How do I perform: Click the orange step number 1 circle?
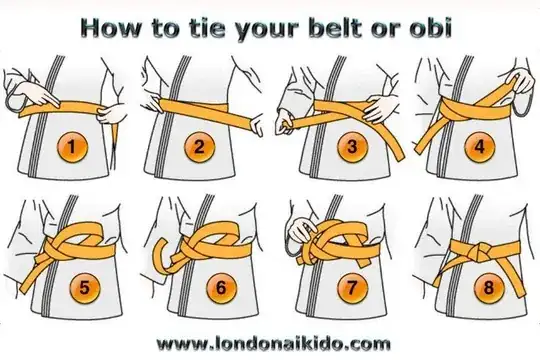(72, 147)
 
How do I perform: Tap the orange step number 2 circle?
(199, 147)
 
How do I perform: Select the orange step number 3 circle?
(352, 147)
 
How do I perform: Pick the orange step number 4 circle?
(479, 147)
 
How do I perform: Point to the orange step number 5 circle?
(85, 288)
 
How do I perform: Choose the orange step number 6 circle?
(221, 288)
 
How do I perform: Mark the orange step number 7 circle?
(352, 288)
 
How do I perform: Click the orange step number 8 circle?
(489, 288)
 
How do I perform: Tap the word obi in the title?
(430, 28)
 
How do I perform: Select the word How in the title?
(110, 28)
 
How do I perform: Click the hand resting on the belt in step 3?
(381, 107)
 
